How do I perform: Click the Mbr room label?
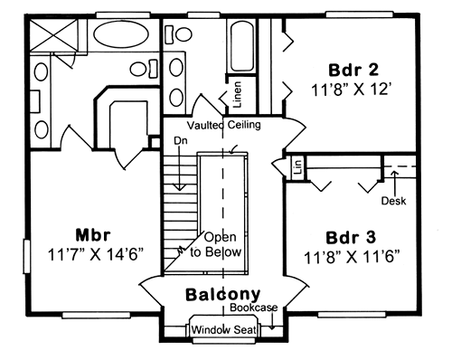[x=93, y=235]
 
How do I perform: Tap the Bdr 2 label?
[x=353, y=70]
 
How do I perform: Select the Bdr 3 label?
[x=351, y=238]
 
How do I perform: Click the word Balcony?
[x=222, y=295]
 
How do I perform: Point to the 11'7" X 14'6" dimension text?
[x=95, y=255]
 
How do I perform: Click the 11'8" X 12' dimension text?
[x=352, y=90]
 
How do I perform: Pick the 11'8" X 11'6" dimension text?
[x=352, y=257]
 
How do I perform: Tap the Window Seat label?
[x=224, y=329]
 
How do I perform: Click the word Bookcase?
[x=254, y=308]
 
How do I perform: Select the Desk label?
[x=393, y=201]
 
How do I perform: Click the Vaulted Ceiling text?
[x=224, y=125]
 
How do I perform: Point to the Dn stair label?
[x=180, y=140]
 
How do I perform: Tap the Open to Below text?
[x=216, y=245]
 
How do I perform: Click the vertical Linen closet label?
[x=238, y=95]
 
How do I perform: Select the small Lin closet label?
[x=298, y=167]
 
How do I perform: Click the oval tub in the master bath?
[x=121, y=34]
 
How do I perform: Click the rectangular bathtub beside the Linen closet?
[x=241, y=46]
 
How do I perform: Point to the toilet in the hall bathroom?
[x=180, y=34]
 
